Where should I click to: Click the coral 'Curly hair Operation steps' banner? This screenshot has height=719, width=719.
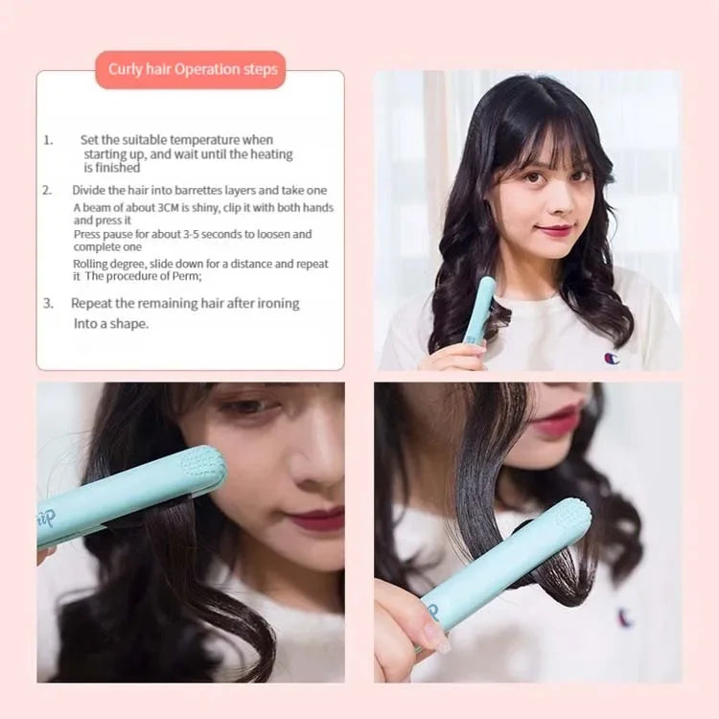point(191,70)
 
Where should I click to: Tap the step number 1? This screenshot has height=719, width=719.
point(48,140)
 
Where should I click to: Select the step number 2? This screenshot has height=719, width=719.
point(47,190)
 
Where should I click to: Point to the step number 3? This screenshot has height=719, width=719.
point(48,303)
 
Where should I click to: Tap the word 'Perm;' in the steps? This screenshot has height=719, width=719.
point(181,276)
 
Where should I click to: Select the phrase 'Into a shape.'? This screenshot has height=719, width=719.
point(111,324)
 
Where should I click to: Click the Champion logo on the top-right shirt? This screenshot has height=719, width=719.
point(612,358)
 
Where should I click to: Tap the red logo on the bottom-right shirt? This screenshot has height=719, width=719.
point(625,617)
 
